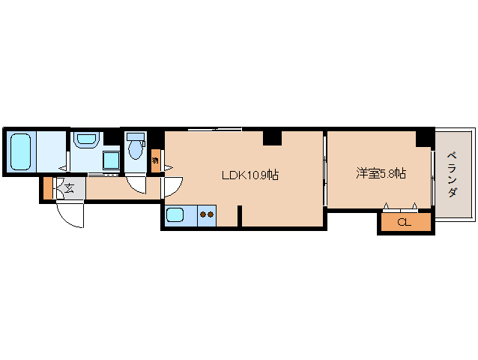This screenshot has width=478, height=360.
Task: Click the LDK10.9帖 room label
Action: click(250, 175)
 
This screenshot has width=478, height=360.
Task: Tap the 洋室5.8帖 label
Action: click(381, 173)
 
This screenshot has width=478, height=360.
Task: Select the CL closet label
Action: click(405, 222)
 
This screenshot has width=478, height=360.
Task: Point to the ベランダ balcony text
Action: click(453, 175)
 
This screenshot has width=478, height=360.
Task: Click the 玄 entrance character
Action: click(69, 188)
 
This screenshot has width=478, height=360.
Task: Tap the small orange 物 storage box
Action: click(155, 160)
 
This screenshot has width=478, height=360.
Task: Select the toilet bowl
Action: click(135, 150)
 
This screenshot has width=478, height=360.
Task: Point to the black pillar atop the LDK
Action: click(271, 137)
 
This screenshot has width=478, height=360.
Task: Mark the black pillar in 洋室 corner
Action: click(425, 137)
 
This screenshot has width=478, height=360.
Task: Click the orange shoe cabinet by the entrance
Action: click(48, 189)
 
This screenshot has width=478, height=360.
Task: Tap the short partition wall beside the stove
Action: click(239, 215)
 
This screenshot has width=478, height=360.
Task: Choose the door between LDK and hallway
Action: click(172, 183)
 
